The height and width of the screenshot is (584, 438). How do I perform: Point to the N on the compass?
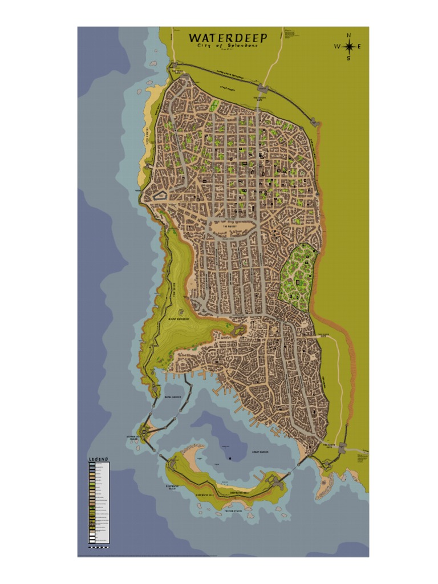click(x=348, y=35)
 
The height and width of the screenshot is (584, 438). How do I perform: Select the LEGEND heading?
click(x=98, y=459)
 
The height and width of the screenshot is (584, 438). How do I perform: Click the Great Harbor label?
click(x=260, y=452)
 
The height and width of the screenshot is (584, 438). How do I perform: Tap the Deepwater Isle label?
click(x=205, y=496)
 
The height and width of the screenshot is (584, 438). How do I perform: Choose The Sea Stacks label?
click(x=233, y=511)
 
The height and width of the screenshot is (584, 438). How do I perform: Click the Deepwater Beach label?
click(x=173, y=488)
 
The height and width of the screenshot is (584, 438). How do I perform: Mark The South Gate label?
click(x=331, y=447)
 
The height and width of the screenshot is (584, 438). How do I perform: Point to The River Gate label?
click(x=323, y=335)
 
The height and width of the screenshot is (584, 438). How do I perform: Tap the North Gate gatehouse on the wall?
click(x=262, y=88)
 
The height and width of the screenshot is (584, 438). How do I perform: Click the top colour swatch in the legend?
click(x=91, y=465)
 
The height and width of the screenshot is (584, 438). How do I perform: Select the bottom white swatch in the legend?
click(x=91, y=540)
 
